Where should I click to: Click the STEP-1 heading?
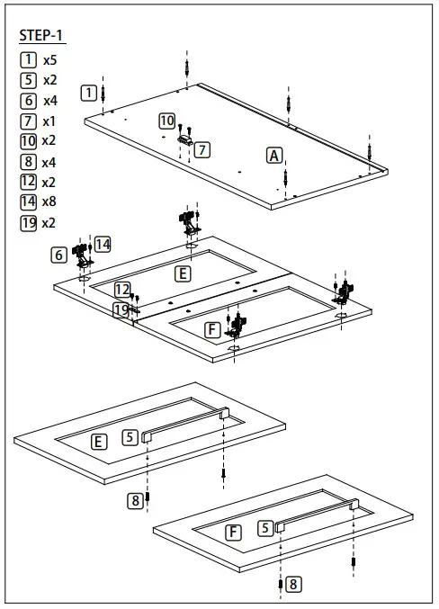click(41, 37)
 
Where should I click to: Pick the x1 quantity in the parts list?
click(49, 121)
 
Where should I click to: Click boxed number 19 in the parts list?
click(28, 222)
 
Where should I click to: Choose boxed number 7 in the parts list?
click(28, 121)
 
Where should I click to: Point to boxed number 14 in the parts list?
click(28, 202)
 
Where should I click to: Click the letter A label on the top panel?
click(274, 155)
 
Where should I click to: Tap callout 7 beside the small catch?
click(202, 149)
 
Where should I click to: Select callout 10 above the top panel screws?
click(167, 121)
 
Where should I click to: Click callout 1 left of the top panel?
click(88, 92)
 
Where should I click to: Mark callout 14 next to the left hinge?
click(103, 244)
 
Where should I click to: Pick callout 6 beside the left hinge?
click(59, 255)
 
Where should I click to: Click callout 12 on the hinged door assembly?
click(122, 290)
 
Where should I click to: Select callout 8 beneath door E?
click(135, 501)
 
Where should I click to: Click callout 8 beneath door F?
click(295, 584)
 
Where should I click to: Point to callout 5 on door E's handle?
click(130, 437)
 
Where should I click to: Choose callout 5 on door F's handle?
click(265, 529)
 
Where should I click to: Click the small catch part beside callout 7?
click(185, 139)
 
